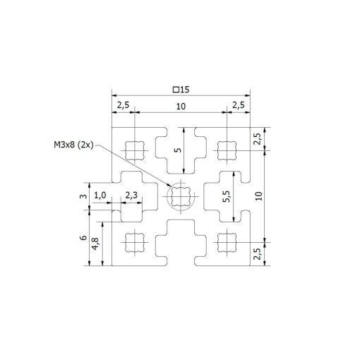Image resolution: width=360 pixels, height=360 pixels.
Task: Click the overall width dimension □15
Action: (182, 90)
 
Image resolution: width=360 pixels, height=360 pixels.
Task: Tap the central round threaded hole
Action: (180, 196)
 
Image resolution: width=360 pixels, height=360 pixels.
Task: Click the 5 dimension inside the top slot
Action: (177, 150)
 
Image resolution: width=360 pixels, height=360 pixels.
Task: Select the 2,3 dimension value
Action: (131, 196)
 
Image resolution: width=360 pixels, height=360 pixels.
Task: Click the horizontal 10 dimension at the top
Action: (181, 106)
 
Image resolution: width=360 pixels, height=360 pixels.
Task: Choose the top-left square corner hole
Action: (134, 149)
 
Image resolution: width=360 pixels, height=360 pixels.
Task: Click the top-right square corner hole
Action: (227, 149)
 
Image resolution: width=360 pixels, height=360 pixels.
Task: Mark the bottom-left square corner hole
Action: (134, 242)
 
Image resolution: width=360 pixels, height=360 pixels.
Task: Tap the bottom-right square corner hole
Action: (227, 242)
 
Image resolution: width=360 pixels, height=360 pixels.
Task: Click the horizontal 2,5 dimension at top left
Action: (123, 106)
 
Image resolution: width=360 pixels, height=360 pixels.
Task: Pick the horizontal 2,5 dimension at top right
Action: (238, 106)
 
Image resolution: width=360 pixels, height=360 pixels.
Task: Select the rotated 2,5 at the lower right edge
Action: (258, 253)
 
